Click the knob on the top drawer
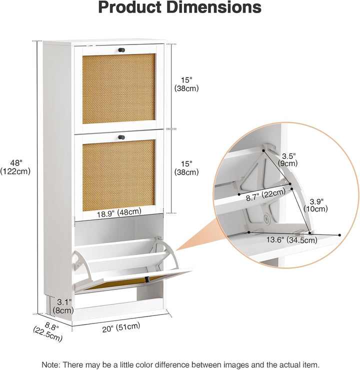tap(121, 50)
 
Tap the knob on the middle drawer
tap(121, 137)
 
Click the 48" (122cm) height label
tap(15, 167)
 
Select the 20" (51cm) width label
tap(121, 327)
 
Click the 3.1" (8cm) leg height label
tap(63, 306)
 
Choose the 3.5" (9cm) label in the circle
tap(287, 160)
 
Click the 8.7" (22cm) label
tap(265, 195)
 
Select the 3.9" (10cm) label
tap(315, 205)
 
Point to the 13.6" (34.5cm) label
tap(292, 240)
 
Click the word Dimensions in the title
tap(213, 7)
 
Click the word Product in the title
tap(130, 7)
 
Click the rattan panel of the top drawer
tap(119, 88)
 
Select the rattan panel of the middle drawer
tap(119, 175)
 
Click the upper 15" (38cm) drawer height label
tap(186, 84)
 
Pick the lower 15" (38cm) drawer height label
tap(186, 168)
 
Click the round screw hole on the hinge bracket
tap(267, 218)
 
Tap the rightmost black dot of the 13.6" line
tap(339, 235)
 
